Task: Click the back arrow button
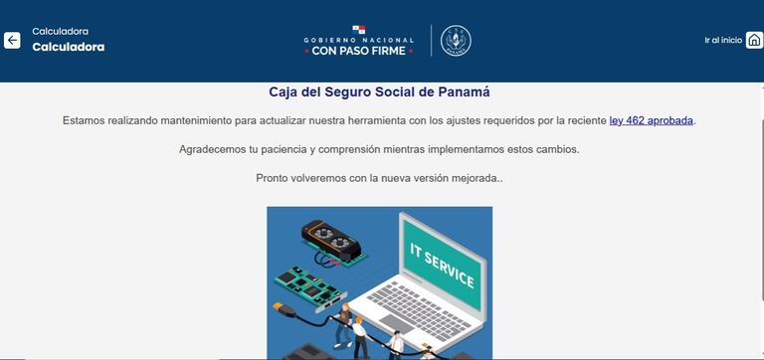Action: [x=12, y=41]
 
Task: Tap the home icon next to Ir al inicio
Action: [x=754, y=40]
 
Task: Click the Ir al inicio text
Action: [x=723, y=40]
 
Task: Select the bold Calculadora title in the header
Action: [x=68, y=47]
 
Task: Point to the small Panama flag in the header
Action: [x=358, y=30]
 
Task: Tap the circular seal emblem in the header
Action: [x=456, y=41]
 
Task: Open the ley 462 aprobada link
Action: [x=652, y=120]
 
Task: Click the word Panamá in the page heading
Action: [x=466, y=91]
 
